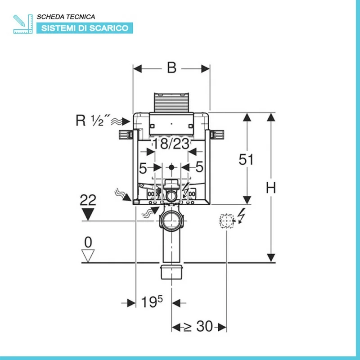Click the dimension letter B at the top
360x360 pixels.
pyautogui.click(x=171, y=68)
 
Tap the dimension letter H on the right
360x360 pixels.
pyautogui.click(x=270, y=188)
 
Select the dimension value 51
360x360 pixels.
pyautogui.click(x=247, y=160)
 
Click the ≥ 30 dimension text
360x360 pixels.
pyautogui.click(x=198, y=326)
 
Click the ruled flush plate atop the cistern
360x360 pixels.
pyautogui.click(x=171, y=102)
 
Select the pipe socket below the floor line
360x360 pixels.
pyautogui.click(x=171, y=271)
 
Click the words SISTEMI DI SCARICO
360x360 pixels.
pyautogui.click(x=85, y=28)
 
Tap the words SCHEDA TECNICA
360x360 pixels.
pyautogui.click(x=66, y=17)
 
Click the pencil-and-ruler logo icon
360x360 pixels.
pyautogui.click(x=22, y=23)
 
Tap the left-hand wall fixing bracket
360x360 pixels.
pyautogui.click(x=125, y=134)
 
